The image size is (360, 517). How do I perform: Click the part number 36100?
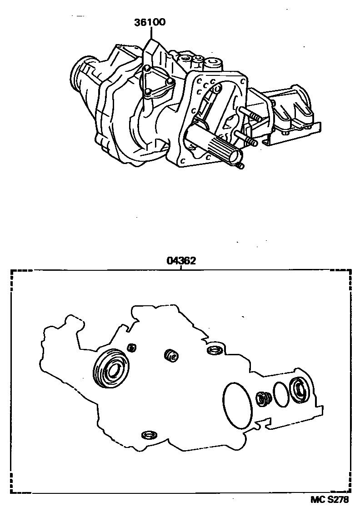[150, 22]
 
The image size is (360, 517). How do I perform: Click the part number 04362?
[181, 261]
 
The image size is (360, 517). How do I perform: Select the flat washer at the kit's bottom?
[148, 435]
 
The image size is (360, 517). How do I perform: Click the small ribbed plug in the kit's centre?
[171, 355]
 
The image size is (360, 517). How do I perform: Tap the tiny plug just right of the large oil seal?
[132, 347]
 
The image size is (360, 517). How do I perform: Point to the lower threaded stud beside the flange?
[245, 138]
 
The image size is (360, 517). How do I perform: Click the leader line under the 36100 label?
[151, 34]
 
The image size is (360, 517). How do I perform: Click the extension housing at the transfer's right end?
[290, 110]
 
